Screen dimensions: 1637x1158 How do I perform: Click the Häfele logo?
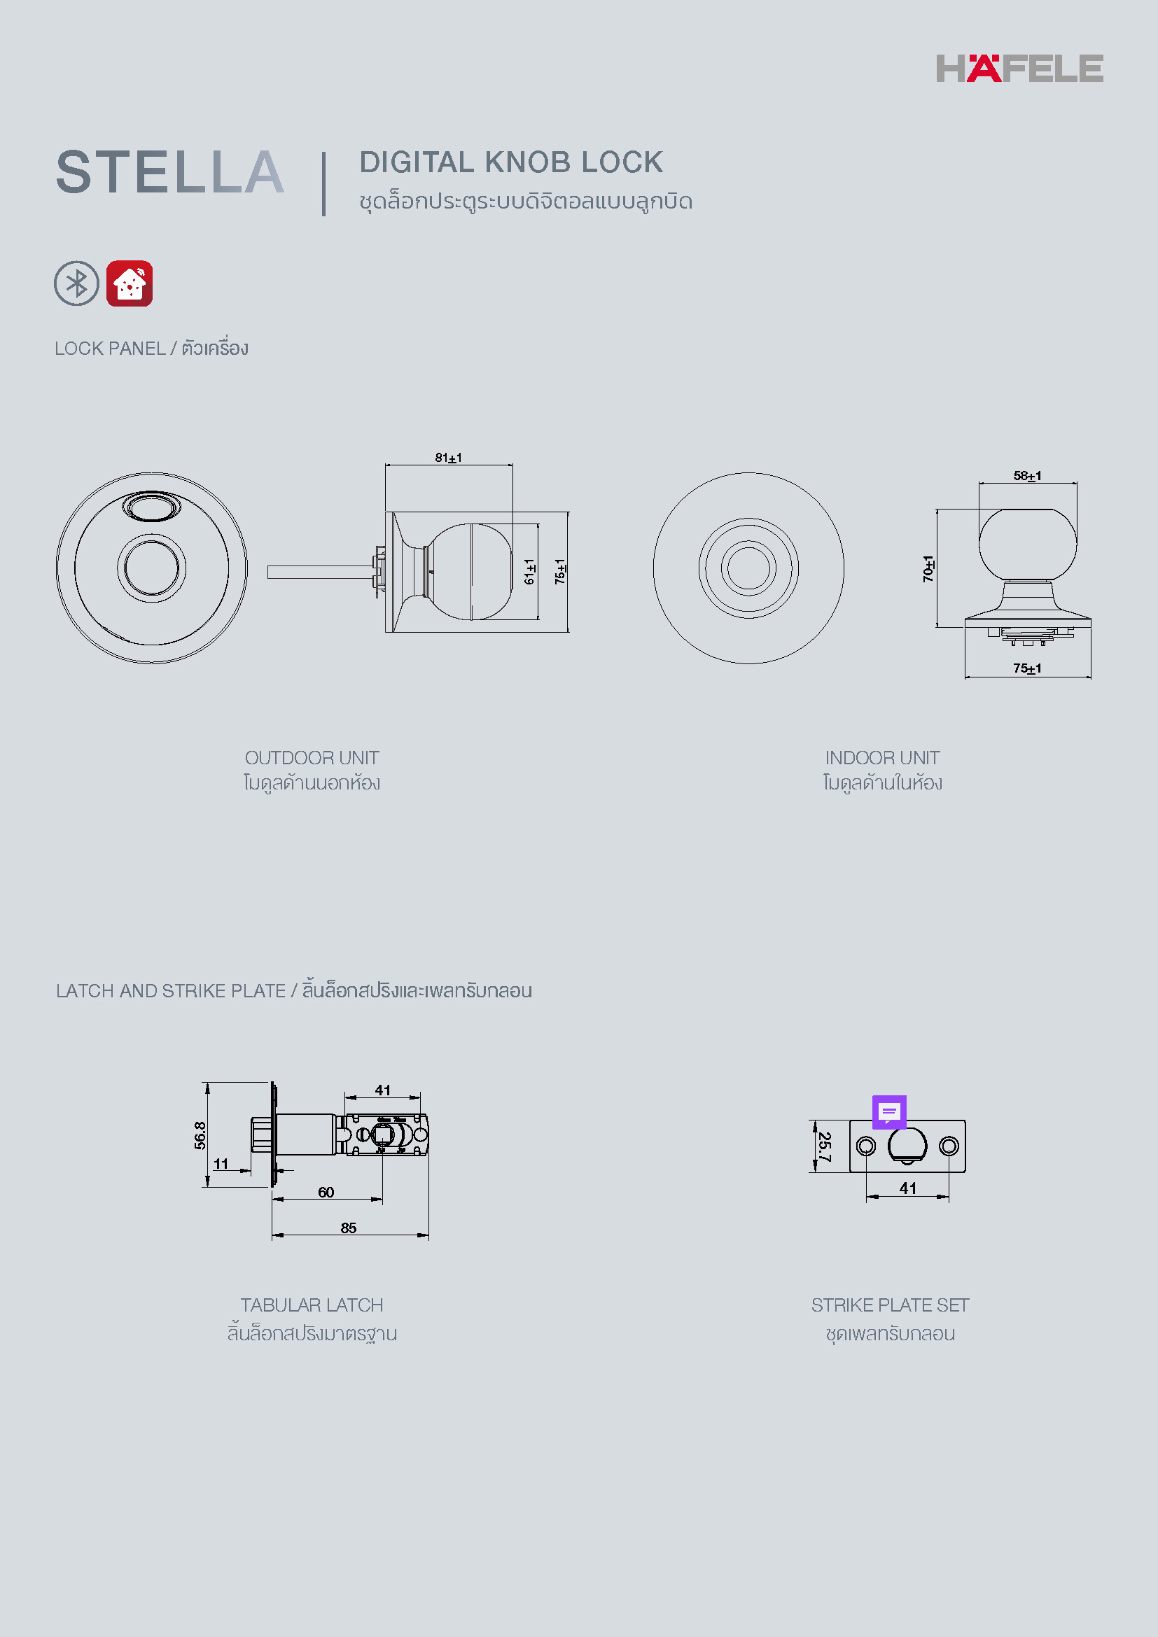pos(1019,69)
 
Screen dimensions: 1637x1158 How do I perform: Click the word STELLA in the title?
pos(170,173)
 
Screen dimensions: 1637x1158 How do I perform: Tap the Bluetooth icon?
pos(76,283)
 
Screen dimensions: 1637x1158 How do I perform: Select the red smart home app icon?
pos(129,283)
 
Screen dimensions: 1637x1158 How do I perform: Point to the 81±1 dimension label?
pos(449,458)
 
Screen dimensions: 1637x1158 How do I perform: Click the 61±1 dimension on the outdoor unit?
pos(529,571)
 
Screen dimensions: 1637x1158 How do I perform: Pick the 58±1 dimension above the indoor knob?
pos(1027,475)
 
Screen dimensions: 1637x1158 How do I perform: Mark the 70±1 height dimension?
pos(928,568)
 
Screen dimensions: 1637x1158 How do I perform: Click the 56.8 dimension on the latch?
pos(200,1135)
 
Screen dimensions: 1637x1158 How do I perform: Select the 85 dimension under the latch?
pos(349,1228)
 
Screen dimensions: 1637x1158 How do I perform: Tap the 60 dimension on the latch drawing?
pos(326,1192)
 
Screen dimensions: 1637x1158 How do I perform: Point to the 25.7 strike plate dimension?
pos(824,1146)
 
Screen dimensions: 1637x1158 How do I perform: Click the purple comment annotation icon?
pos(889,1111)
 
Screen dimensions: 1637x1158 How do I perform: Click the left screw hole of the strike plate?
pos(865,1146)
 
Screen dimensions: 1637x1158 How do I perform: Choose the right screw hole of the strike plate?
pos(949,1146)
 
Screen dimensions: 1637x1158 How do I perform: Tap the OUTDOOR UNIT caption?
pos(312,758)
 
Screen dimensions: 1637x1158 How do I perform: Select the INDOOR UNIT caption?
pos(882,758)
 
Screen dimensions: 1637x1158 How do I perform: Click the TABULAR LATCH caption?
pos(312,1305)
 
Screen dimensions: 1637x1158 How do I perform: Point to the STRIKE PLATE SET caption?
pos(890,1305)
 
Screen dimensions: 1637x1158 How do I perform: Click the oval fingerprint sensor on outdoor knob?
pos(151,507)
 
